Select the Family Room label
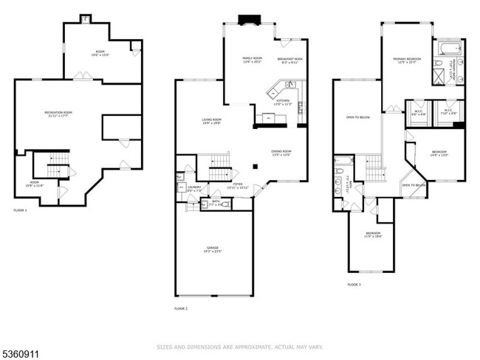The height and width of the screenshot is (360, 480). click(x=253, y=60)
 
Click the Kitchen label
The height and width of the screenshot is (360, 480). click(x=284, y=103)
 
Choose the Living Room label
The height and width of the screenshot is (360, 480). click(x=212, y=121)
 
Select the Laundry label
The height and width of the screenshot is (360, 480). click(x=194, y=188)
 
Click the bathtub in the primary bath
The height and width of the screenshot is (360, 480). click(x=448, y=49)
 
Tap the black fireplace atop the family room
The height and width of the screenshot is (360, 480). click(x=246, y=20)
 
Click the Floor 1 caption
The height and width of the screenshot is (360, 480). click(x=20, y=211)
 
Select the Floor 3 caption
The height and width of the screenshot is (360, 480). click(x=354, y=284)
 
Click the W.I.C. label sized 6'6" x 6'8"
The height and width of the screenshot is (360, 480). click(x=419, y=113)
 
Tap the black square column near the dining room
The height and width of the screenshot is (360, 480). click(x=256, y=166)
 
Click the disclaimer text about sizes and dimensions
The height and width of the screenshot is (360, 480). click(x=240, y=346)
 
